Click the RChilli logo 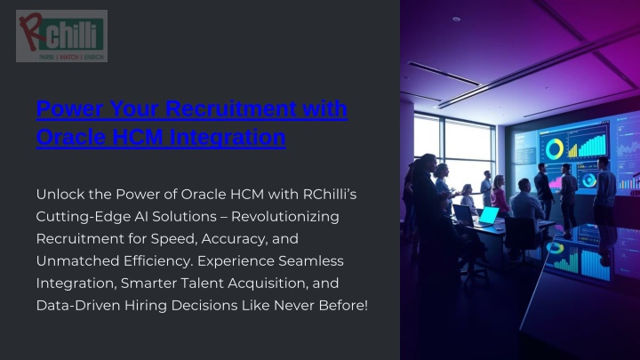click(x=61, y=36)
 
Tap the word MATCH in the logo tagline click(x=69, y=57)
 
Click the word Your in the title click(x=134, y=108)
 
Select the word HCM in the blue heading click(x=137, y=137)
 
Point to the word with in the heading click(x=325, y=108)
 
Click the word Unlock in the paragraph click(x=60, y=195)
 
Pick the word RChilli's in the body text click(x=330, y=195)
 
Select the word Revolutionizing click(x=285, y=217)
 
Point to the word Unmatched click(x=77, y=260)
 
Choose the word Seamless click(x=311, y=260)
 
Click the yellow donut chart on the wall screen click(x=555, y=149)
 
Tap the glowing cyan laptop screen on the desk click(x=489, y=215)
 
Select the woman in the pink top click(x=500, y=196)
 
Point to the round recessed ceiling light click(x=456, y=19)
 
